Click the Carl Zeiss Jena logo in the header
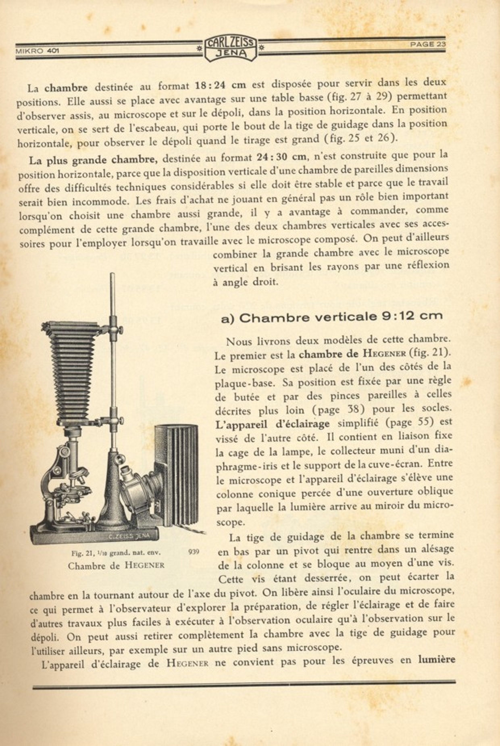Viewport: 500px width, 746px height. coord(230,49)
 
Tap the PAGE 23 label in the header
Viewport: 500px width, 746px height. coord(428,44)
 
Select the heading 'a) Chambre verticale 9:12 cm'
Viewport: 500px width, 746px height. coord(331,317)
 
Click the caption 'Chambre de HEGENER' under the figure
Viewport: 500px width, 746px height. coord(116,566)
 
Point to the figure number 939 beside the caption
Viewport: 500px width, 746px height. coord(194,551)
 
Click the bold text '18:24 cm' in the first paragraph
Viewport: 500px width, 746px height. coord(220,86)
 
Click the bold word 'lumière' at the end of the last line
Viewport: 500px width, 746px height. coord(437,660)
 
